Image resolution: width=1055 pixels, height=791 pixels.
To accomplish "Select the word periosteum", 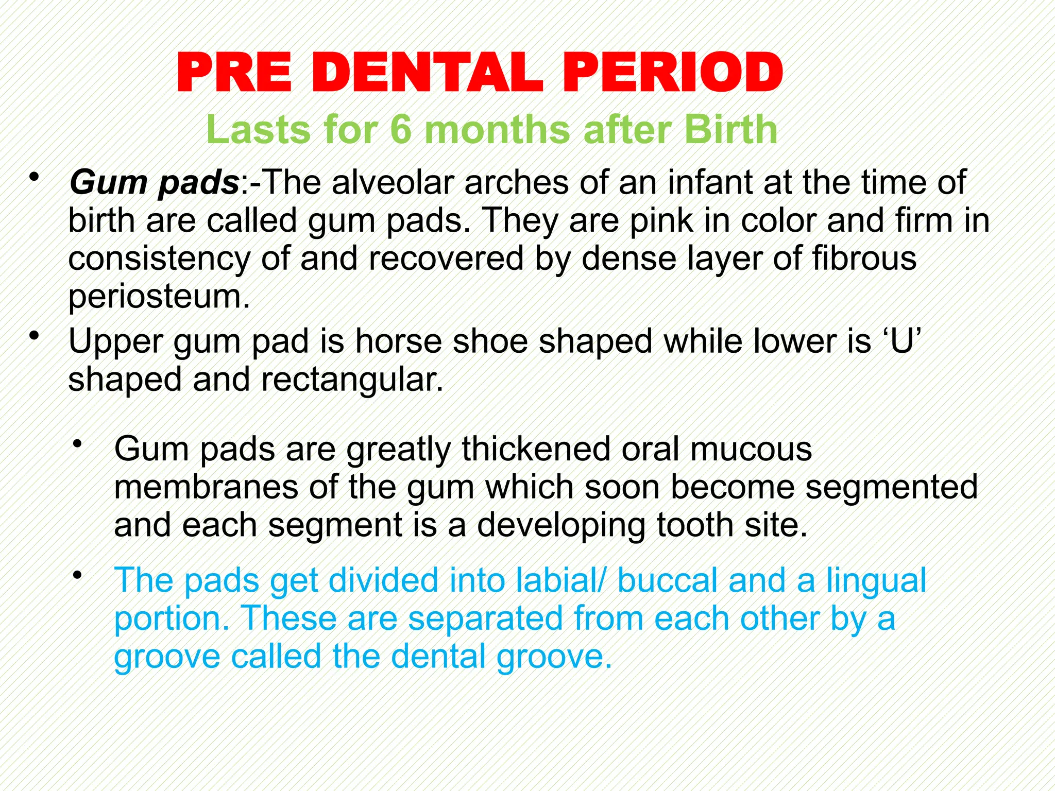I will pos(159,297).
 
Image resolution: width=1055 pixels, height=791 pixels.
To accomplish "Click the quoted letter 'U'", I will pos(901,341).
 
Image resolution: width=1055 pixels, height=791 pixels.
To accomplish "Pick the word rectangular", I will pos(352,380).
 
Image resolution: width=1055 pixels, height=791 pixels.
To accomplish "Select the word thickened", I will pos(536,449).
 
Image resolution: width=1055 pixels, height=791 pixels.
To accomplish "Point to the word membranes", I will pos(206,487).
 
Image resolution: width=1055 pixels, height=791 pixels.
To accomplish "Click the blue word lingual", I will pos(876,580).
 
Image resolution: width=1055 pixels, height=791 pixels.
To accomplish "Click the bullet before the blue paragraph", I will pos(77,574).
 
